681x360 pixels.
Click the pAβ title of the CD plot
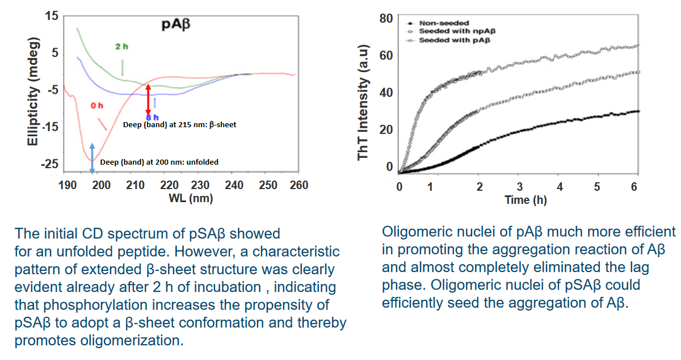coord(176,24)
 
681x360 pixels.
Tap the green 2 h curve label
coord(121,47)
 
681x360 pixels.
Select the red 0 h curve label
coord(97,106)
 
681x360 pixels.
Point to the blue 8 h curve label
coord(152,118)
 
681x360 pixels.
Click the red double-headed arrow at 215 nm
coord(148,99)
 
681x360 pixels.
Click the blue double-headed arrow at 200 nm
coord(92,158)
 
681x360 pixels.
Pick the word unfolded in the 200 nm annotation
coord(202,162)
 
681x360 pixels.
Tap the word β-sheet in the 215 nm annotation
coord(222,125)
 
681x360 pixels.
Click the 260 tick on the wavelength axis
coord(299,185)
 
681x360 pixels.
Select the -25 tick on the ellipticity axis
coord(49,164)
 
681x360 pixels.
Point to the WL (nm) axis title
coord(191,198)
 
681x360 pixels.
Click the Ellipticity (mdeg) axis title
coord(33,91)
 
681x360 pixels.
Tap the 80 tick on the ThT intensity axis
coord(386,19)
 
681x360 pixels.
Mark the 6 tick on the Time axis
coord(634,187)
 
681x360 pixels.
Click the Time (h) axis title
coord(526,200)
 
